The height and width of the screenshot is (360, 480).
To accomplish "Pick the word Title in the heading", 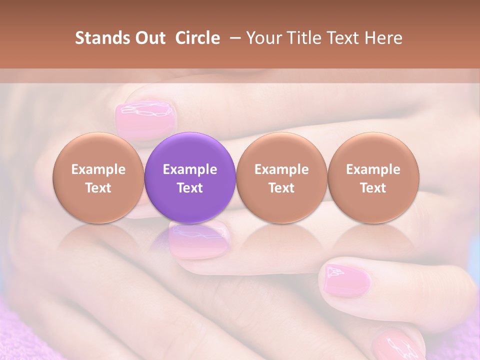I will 305,38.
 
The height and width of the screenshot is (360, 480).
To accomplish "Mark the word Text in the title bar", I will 347,38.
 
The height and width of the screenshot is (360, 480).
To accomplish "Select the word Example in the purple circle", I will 190,169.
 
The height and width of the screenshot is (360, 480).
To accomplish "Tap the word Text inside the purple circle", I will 190,188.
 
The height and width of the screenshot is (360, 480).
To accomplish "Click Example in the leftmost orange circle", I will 98,169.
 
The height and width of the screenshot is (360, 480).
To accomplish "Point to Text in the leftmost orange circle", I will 98,188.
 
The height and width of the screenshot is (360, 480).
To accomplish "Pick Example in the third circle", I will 281,169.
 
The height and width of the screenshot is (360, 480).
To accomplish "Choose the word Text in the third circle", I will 281,188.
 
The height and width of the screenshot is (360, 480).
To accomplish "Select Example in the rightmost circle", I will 373,169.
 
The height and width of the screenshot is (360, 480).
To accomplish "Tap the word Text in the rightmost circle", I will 373,188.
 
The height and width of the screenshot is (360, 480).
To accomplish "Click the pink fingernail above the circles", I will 146,118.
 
